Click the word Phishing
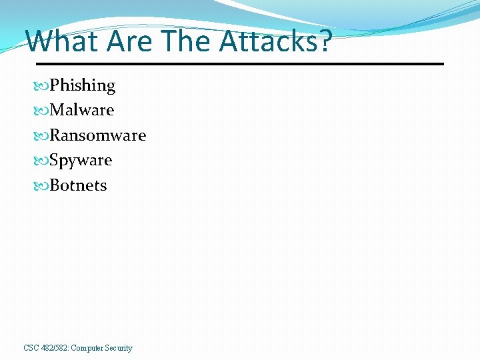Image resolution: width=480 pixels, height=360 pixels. coord(83,86)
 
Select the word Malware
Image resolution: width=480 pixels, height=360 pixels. coord(82,110)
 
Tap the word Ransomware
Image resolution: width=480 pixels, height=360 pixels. coord(98,135)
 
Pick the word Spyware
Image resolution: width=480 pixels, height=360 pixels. coord(81,161)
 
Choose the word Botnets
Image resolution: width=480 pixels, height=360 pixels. coord(79,185)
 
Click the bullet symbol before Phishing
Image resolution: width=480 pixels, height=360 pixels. coord(43,86)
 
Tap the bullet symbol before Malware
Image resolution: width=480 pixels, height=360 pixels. coord(43,111)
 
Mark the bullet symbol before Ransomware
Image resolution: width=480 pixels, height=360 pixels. coord(43,136)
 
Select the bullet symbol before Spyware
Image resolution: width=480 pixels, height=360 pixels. coord(43,161)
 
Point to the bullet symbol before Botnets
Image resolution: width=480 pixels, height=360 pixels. coord(43,186)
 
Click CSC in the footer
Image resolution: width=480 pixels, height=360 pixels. coord(31,348)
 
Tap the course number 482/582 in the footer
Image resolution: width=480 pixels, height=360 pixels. coord(55,348)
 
